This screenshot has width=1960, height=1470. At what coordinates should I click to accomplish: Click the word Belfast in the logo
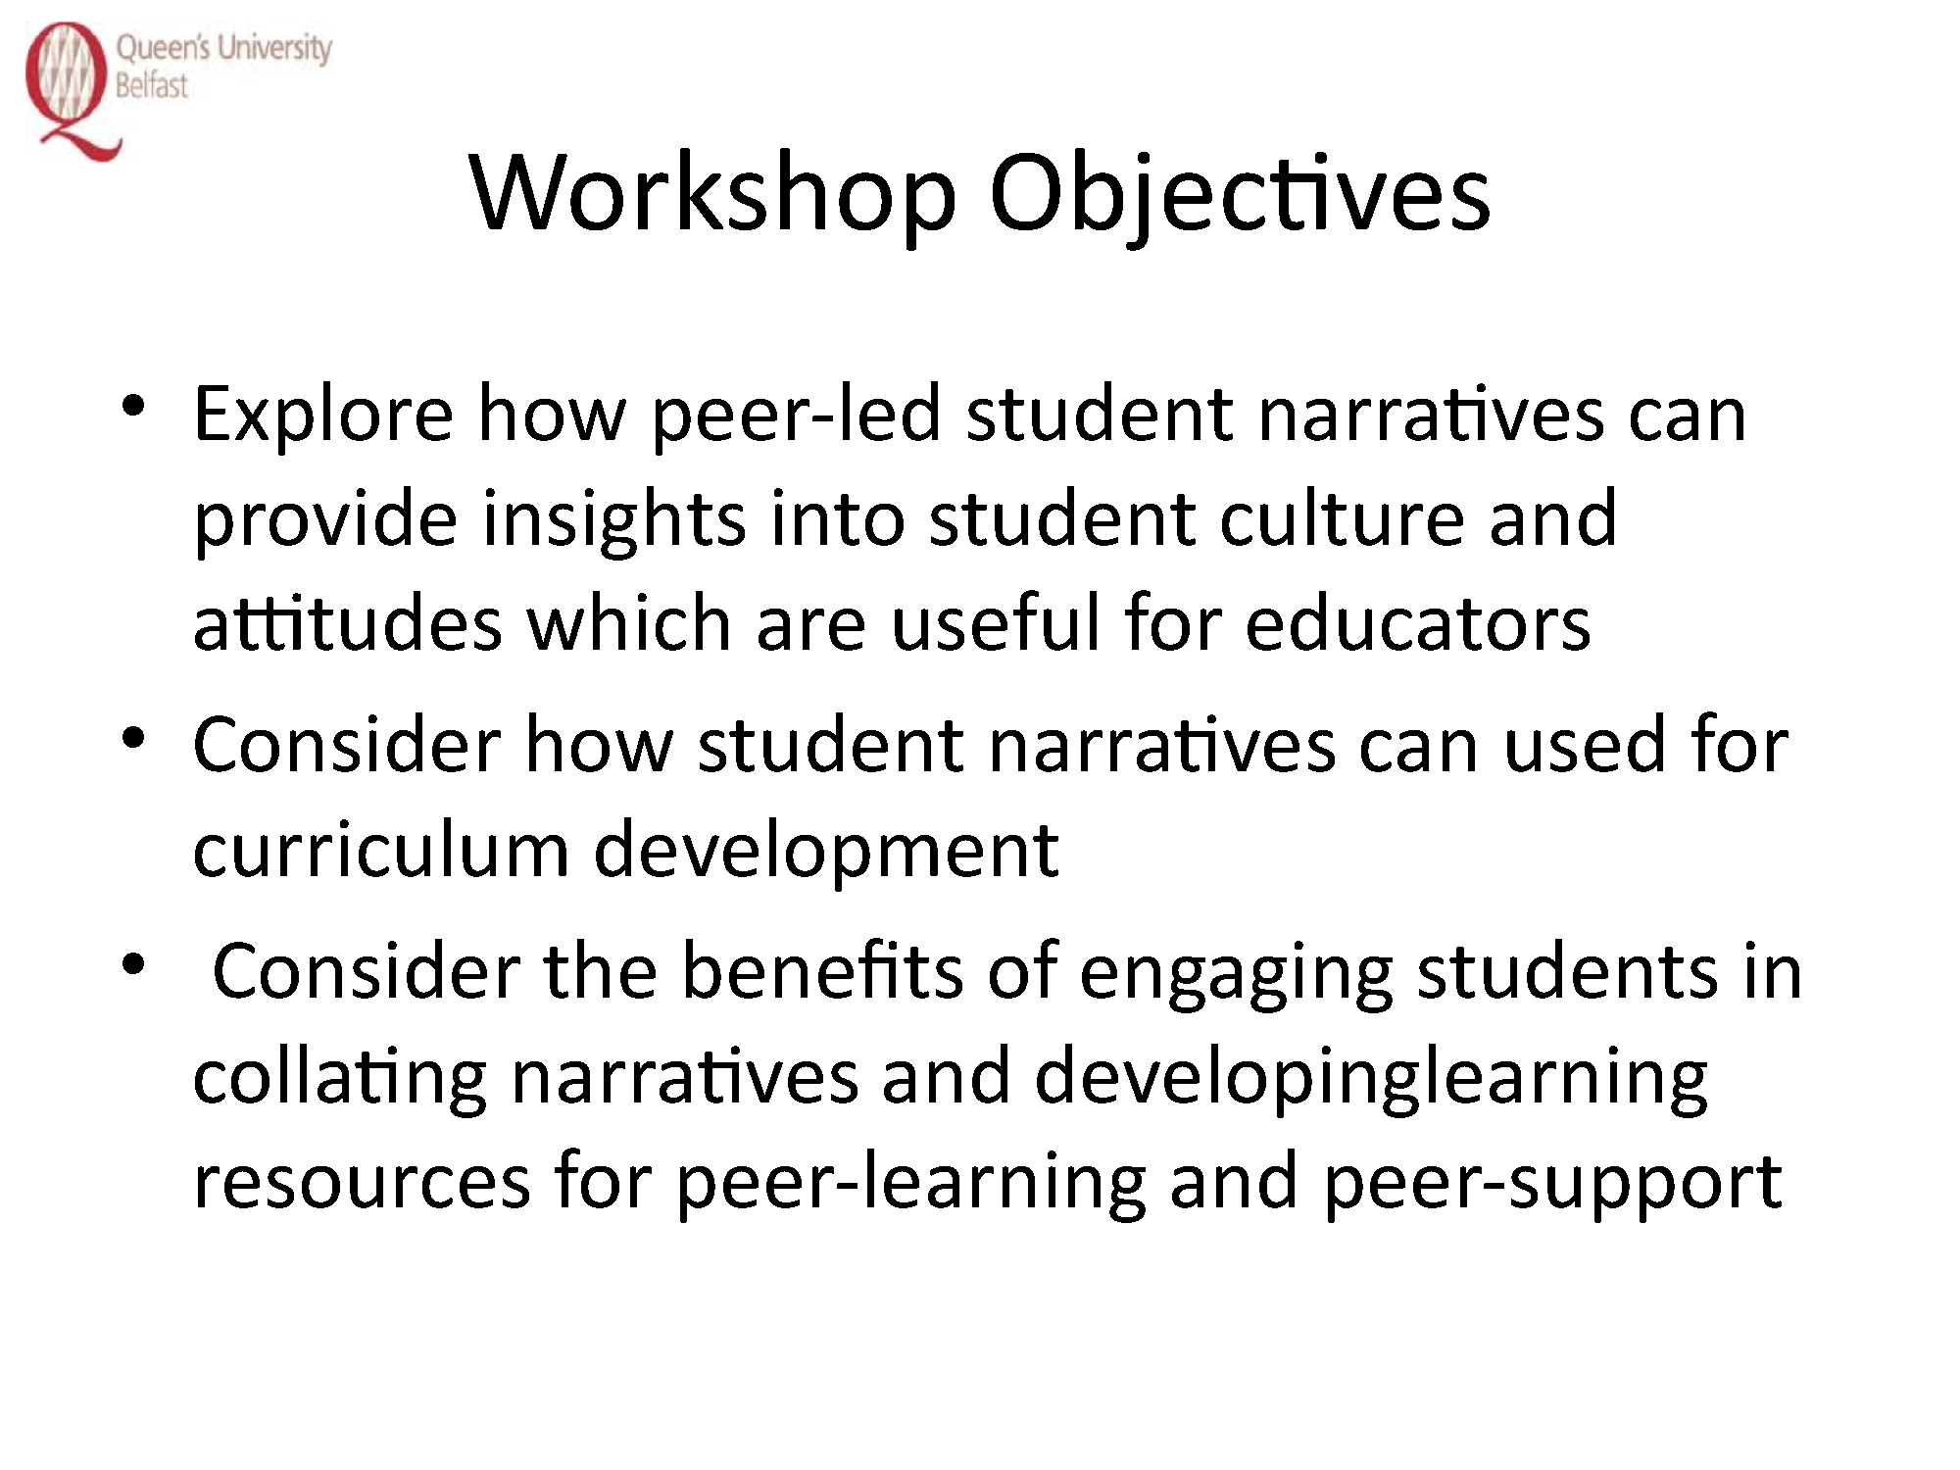click(151, 85)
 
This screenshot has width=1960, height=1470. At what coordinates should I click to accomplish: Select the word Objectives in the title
click(1240, 195)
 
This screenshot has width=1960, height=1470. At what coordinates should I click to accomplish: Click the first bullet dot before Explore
click(134, 406)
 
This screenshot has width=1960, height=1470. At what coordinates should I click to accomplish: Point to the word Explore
click(323, 416)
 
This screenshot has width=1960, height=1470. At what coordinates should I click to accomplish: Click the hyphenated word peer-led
click(797, 416)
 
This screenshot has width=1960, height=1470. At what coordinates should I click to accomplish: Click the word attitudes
click(348, 623)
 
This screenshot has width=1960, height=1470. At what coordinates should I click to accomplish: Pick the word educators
click(1418, 623)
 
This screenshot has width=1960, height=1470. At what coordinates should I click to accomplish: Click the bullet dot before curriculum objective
click(134, 737)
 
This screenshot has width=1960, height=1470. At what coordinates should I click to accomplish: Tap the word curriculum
click(381, 850)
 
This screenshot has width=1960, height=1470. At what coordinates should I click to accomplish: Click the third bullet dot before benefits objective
click(134, 964)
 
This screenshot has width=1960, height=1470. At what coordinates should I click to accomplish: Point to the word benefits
click(822, 970)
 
